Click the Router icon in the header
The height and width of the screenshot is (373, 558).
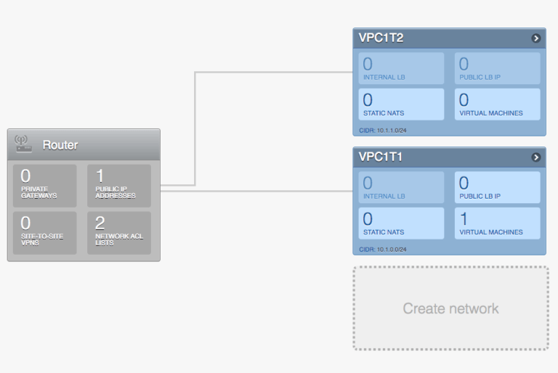pos(23,144)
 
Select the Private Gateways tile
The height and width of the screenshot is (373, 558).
pos(44,186)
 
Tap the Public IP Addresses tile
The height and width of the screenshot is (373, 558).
pos(119,186)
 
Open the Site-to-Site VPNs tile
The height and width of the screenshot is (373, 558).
pos(44,232)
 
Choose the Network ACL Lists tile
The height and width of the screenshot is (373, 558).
pos(119,232)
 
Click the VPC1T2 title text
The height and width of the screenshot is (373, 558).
pos(381,38)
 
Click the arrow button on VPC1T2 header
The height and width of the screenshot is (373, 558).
pos(536,38)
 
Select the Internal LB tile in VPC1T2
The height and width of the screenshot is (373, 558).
pos(401,68)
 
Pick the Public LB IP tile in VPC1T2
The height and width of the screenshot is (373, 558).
pos(498,68)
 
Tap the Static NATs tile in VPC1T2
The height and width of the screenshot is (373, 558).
pos(401,104)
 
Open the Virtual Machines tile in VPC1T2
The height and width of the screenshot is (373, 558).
pos(498,104)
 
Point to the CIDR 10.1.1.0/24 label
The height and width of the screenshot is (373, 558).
pos(383,131)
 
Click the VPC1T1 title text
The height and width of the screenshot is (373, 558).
pos(381,157)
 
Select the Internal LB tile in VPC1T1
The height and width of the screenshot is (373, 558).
pos(401,187)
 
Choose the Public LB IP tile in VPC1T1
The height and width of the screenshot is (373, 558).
pos(498,187)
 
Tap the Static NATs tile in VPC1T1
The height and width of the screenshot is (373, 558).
pos(401,224)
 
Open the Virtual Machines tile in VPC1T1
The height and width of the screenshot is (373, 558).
pos(498,224)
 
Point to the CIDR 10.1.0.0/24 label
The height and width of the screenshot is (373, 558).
pos(383,250)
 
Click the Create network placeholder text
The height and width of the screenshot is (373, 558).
pos(450,308)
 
